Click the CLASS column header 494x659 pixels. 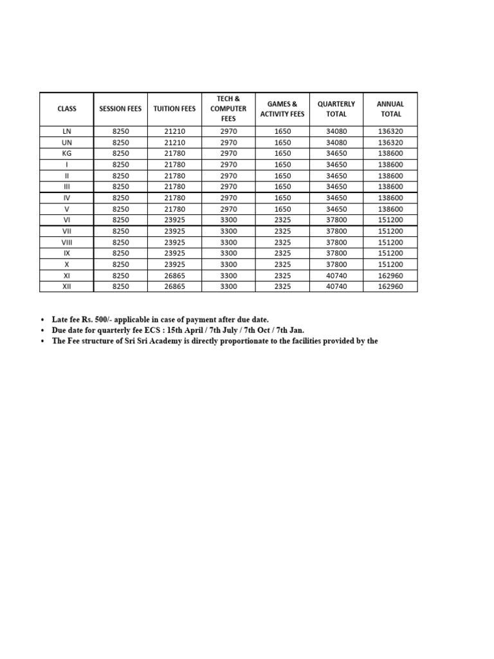[66, 109]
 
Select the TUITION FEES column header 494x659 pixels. [174, 109]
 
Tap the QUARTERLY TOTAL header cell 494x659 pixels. [336, 109]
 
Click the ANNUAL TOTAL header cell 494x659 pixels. [390, 109]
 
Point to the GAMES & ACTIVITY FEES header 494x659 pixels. [282, 109]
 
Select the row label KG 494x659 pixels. [66, 153]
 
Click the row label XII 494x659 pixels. [66, 286]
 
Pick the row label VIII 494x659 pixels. [66, 242]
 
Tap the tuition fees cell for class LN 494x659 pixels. [174, 131]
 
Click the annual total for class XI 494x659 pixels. [390, 275]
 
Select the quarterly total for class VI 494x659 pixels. [336, 220]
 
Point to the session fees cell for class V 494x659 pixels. [120, 209]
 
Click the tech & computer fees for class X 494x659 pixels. [228, 265]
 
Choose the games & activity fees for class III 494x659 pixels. [282, 187]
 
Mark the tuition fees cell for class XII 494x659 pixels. [174, 286]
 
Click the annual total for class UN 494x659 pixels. [390, 142]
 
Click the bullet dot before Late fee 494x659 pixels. [42, 320]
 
